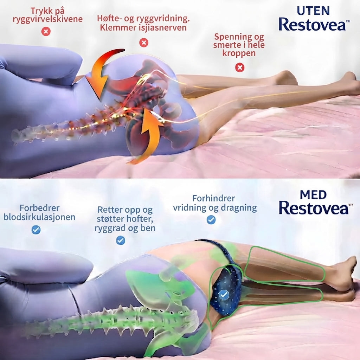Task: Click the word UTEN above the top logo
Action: click(x=313, y=11)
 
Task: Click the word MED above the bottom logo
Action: click(x=313, y=195)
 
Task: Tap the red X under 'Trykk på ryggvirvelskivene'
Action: click(x=46, y=31)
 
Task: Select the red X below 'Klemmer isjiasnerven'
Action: click(x=144, y=43)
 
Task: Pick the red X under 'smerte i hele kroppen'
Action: click(x=240, y=67)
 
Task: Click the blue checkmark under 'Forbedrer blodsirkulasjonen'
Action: click(x=36, y=230)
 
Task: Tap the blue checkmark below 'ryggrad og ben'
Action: click(x=121, y=240)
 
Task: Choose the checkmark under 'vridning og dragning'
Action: click(x=211, y=220)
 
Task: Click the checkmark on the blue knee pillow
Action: click(x=224, y=294)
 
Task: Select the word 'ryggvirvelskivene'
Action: click(x=47, y=19)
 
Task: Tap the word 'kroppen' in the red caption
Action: click(x=239, y=53)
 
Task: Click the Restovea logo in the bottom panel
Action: click(x=315, y=208)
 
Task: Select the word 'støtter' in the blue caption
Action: click(x=110, y=219)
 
